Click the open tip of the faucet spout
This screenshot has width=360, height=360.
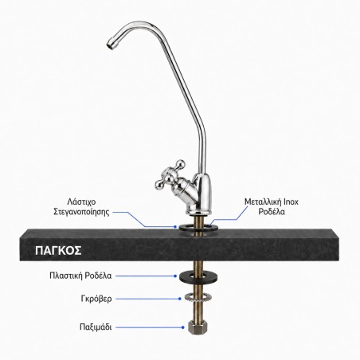point(109,45)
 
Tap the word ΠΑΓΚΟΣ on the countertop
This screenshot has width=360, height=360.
point(58,250)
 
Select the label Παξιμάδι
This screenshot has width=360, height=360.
point(96,327)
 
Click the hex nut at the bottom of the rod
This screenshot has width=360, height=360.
point(198,327)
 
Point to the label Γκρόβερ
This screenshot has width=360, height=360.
point(96,299)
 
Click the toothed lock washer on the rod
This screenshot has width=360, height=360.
point(198,298)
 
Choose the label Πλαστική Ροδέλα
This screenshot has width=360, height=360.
point(80,276)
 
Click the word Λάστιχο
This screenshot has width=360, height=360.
point(81,202)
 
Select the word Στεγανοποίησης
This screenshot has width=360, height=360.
point(81,212)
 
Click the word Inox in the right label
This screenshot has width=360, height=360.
point(291,202)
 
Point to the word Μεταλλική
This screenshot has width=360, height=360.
point(263,202)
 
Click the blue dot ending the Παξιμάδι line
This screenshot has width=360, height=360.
point(183,327)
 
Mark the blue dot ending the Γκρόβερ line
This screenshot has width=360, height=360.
point(180,299)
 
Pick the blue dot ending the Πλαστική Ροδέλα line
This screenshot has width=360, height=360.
point(175,276)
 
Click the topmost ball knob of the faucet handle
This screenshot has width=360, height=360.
point(181,164)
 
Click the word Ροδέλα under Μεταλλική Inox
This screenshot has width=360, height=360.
point(272,212)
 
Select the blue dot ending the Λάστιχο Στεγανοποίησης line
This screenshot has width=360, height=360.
point(175,227)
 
